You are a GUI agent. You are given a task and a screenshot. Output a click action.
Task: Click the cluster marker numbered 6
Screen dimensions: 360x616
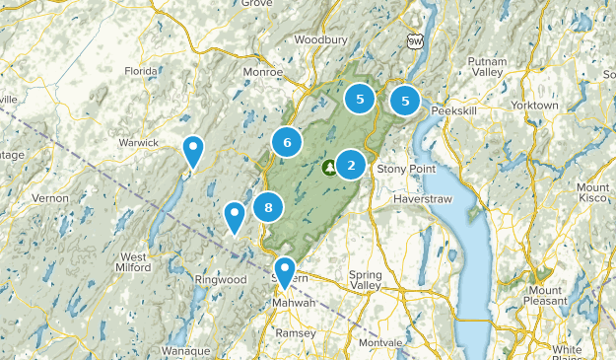pyautogui.click(x=287, y=143)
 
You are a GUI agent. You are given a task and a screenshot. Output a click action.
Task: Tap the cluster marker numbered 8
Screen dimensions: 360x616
pyautogui.click(x=268, y=207)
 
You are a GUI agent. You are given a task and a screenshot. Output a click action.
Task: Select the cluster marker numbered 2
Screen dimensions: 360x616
pyautogui.click(x=351, y=165)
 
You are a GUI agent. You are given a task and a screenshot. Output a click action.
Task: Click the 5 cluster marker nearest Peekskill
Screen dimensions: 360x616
pyautogui.click(x=405, y=100)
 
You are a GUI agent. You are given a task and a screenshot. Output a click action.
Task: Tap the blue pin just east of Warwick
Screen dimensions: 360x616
pyautogui.click(x=194, y=151)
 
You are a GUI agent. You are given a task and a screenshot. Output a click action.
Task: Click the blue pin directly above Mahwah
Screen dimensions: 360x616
pyautogui.click(x=285, y=271)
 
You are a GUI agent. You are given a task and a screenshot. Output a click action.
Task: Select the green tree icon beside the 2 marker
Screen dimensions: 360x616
pyautogui.click(x=327, y=167)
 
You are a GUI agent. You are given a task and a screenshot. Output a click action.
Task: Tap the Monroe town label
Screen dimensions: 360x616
pyautogui.click(x=263, y=72)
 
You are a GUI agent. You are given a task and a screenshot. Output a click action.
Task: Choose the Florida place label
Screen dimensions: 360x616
pyautogui.click(x=141, y=71)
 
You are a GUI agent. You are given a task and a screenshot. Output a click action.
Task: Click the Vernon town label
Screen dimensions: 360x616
pyautogui.click(x=50, y=198)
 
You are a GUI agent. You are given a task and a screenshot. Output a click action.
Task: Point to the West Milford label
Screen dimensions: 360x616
pyautogui.click(x=134, y=263)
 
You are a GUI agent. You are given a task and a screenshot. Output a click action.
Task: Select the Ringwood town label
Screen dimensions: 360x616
pyautogui.click(x=219, y=280)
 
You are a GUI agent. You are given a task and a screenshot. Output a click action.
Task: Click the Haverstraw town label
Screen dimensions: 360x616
pyautogui.click(x=421, y=197)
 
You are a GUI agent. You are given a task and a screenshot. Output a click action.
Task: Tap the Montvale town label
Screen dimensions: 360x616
pyautogui.click(x=378, y=341)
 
